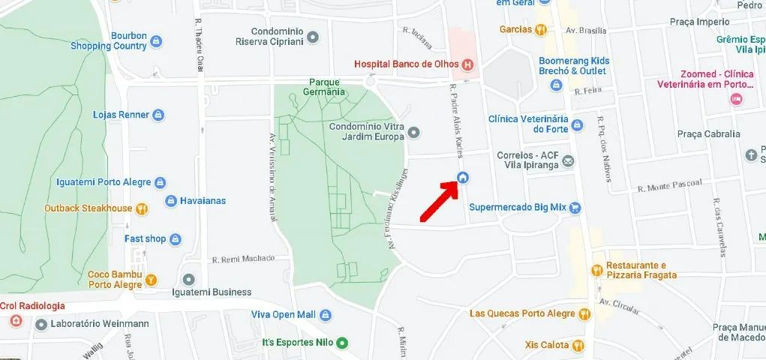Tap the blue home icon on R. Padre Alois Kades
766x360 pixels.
pos(463,178)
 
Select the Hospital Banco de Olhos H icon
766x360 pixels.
pos(467,64)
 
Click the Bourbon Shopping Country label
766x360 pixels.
pos(109,40)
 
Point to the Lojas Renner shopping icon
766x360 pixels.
pos(158,115)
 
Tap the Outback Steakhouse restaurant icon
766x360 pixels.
pos(142,208)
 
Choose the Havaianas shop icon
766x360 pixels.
pos(171,201)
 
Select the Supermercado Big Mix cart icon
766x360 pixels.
pos(575,208)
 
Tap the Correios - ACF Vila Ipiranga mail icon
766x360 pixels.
pos(569,161)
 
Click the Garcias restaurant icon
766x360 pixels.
pos(540,30)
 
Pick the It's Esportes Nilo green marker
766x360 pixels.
pos(342,343)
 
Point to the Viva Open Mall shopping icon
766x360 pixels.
pos(325,315)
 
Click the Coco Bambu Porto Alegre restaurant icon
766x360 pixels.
pos(151,280)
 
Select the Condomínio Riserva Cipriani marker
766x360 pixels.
pos(313,37)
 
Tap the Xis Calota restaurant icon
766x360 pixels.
pos(578,346)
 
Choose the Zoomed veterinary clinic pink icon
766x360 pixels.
pos(736,99)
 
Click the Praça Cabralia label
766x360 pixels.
pos(708,134)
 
